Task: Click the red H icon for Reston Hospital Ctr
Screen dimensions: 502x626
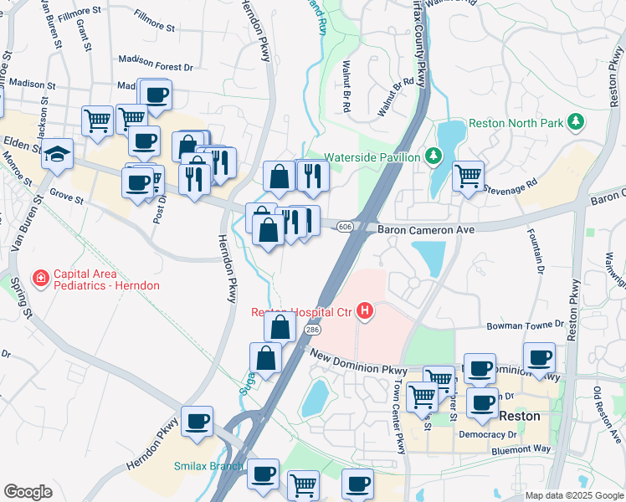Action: (x=365, y=313)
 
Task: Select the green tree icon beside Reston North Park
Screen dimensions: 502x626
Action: (x=574, y=122)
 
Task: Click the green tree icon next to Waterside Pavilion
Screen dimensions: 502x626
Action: (x=433, y=156)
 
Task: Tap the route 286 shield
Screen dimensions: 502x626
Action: (x=311, y=330)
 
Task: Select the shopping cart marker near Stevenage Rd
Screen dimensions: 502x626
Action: (x=468, y=176)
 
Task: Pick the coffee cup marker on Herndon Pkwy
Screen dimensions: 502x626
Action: (x=197, y=422)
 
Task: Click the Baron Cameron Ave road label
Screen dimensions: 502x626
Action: (x=426, y=229)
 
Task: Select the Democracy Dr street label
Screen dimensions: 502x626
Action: (x=488, y=435)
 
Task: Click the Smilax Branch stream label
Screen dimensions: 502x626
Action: (x=208, y=467)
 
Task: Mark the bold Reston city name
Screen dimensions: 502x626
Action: (x=519, y=416)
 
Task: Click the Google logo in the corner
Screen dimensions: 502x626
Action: (x=28, y=492)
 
